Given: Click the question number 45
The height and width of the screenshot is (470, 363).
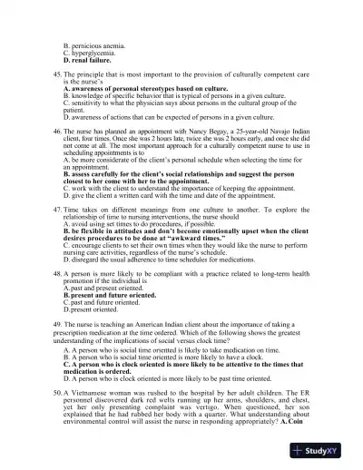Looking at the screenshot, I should [58, 71].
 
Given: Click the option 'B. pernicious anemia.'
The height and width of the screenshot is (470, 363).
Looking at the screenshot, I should [94, 44].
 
